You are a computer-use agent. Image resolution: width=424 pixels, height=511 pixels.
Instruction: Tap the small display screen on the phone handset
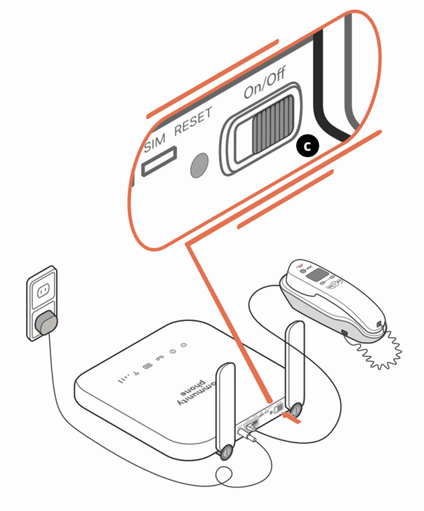(x=320, y=274)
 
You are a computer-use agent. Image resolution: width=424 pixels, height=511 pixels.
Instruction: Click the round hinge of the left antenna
(x=226, y=453)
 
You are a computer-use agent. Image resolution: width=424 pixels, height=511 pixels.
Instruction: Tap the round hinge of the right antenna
(x=297, y=409)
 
